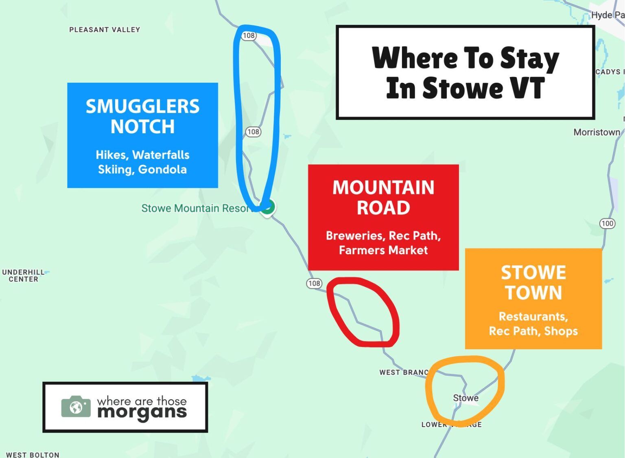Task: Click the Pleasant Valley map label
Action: click(105, 30)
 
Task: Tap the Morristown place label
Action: click(597, 132)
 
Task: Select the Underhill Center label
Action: click(23, 276)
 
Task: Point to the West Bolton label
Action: click(33, 454)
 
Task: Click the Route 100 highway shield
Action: click(607, 223)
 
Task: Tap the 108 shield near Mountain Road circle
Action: click(314, 283)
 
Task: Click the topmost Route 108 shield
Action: click(249, 35)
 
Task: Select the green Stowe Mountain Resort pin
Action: click(267, 207)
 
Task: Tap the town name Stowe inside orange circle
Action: click(465, 398)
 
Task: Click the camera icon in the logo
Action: click(76, 407)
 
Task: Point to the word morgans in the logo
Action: click(142, 412)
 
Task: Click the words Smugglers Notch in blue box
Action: click(142, 116)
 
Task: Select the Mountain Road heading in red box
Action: click(383, 197)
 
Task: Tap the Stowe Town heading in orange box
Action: click(533, 282)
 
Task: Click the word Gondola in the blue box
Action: click(162, 169)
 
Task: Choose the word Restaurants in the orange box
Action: click(533, 316)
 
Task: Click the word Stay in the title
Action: click(529, 59)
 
